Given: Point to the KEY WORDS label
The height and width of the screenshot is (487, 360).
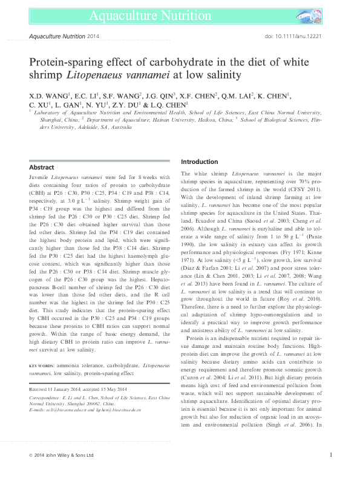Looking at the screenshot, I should click(x=43, y=366).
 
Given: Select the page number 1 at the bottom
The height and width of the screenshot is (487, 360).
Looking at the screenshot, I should click(x=330, y=472).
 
